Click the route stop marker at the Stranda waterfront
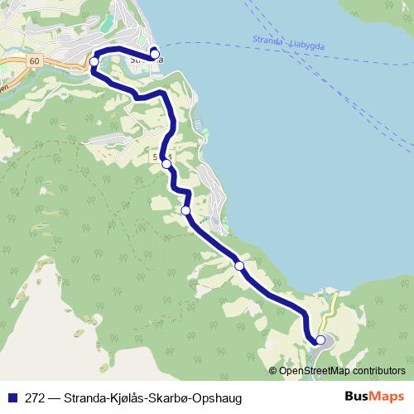click(155, 55)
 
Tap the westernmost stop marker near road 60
click(94, 62)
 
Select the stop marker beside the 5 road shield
click(166, 164)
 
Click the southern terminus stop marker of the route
click(320, 339)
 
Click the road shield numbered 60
click(32, 61)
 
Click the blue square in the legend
click(10, 397)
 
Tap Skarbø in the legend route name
click(169, 397)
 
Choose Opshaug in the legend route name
click(216, 397)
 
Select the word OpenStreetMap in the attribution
click(312, 370)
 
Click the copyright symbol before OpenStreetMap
click(274, 370)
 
